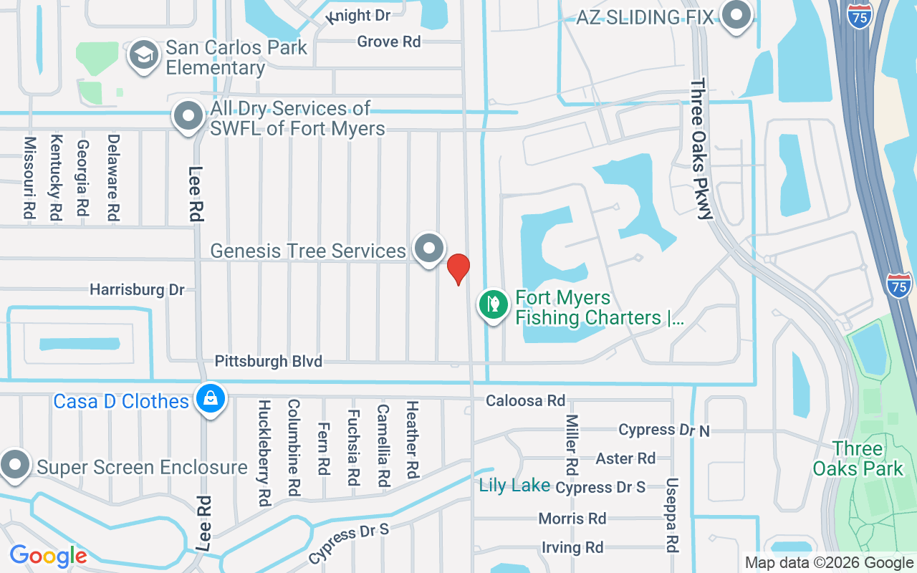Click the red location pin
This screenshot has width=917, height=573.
[x=458, y=269]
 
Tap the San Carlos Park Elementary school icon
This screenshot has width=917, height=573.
[x=144, y=55]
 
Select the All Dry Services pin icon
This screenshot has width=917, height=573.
[x=188, y=115]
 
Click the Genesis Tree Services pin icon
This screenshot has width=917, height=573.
[x=429, y=249]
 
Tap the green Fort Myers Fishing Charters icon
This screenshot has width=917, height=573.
[x=493, y=305]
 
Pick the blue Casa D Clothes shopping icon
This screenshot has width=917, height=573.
[x=211, y=399]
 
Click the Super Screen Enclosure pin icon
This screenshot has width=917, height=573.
[x=14, y=465]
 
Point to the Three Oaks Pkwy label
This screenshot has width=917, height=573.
[x=702, y=150]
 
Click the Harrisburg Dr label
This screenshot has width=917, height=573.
[x=137, y=289]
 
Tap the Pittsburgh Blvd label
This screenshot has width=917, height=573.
[x=269, y=361]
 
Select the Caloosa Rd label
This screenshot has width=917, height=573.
[x=525, y=400]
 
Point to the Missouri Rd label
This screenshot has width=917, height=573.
[x=29, y=178]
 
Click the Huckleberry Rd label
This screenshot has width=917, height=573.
[x=264, y=453]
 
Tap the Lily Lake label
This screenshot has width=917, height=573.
[x=514, y=486]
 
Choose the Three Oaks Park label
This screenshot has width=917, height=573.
[x=858, y=459]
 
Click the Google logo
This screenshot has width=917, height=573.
[x=48, y=555]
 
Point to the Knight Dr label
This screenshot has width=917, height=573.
[x=358, y=16]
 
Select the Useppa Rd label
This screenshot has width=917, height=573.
[x=672, y=514]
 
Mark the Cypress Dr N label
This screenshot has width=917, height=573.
[x=664, y=430]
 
